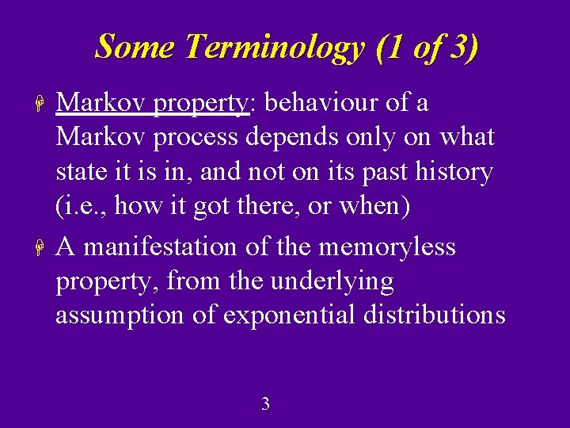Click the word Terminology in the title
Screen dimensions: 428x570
click(x=274, y=48)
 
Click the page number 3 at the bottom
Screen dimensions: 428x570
click(x=265, y=404)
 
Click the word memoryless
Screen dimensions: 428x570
click(x=387, y=247)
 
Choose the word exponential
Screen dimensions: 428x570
click(x=291, y=315)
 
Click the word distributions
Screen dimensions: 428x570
click(x=434, y=315)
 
